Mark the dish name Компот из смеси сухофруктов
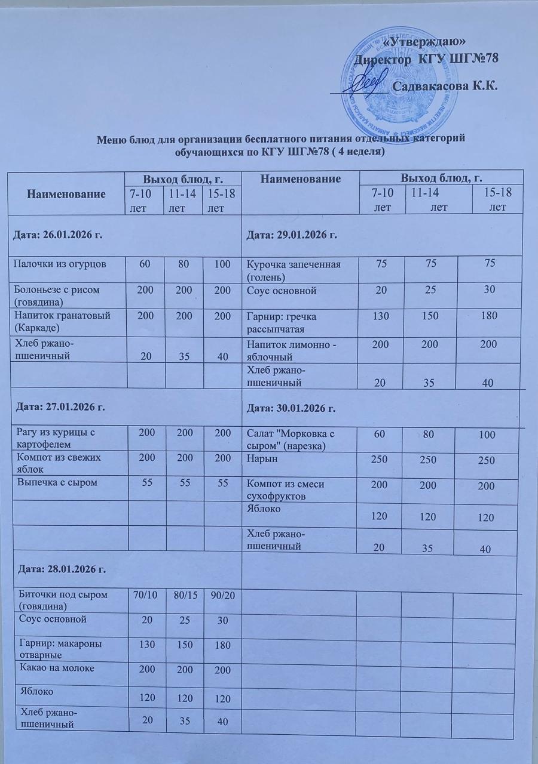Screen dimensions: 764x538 pos(285,489)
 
